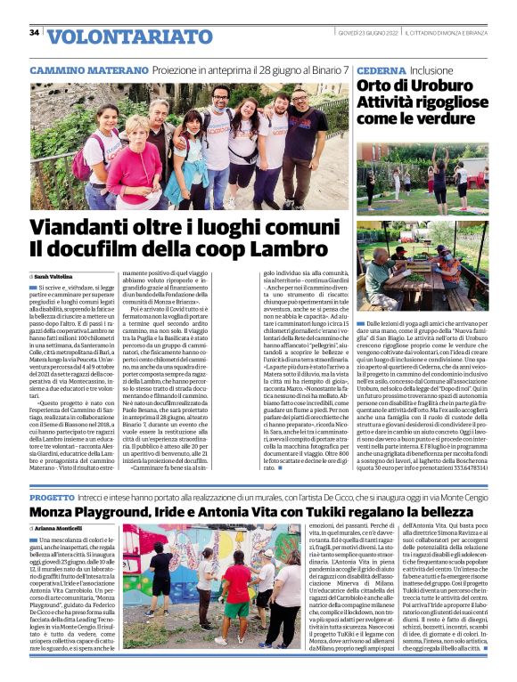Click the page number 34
point(34,33)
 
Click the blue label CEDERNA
point(381,70)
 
